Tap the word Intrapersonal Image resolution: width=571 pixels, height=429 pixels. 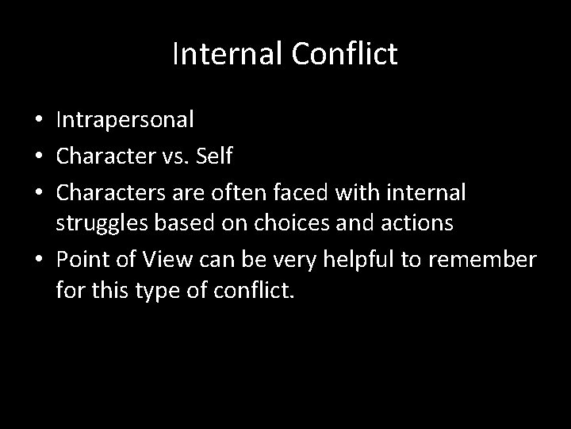[125, 120]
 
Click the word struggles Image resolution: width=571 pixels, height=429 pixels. [95, 223]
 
